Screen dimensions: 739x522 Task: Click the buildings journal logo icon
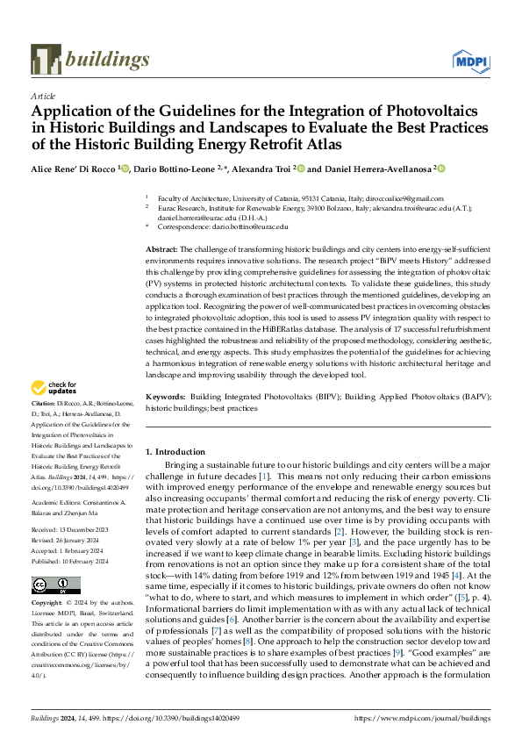(46, 59)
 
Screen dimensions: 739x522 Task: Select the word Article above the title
(42, 95)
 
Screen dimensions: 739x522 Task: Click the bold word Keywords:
(166, 397)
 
